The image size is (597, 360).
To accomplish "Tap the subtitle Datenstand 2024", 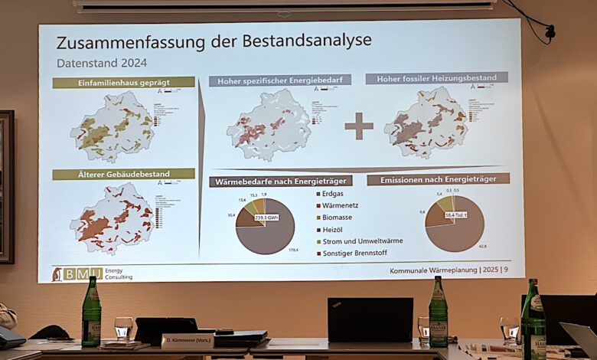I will coord(102,63).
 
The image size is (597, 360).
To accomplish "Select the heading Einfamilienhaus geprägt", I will coord(124,82).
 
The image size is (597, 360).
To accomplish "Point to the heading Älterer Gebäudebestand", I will coord(124,174).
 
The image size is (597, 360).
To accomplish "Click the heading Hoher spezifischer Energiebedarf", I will coord(279,80).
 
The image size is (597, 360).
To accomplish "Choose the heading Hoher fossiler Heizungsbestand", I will coord(436,77).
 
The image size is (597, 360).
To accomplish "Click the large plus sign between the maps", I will coord(358,126).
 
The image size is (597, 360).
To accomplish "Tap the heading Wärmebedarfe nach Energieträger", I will coord(280,181).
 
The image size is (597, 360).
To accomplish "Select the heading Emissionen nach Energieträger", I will coord(438,179).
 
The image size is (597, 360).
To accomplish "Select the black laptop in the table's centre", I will coord(370,320).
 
